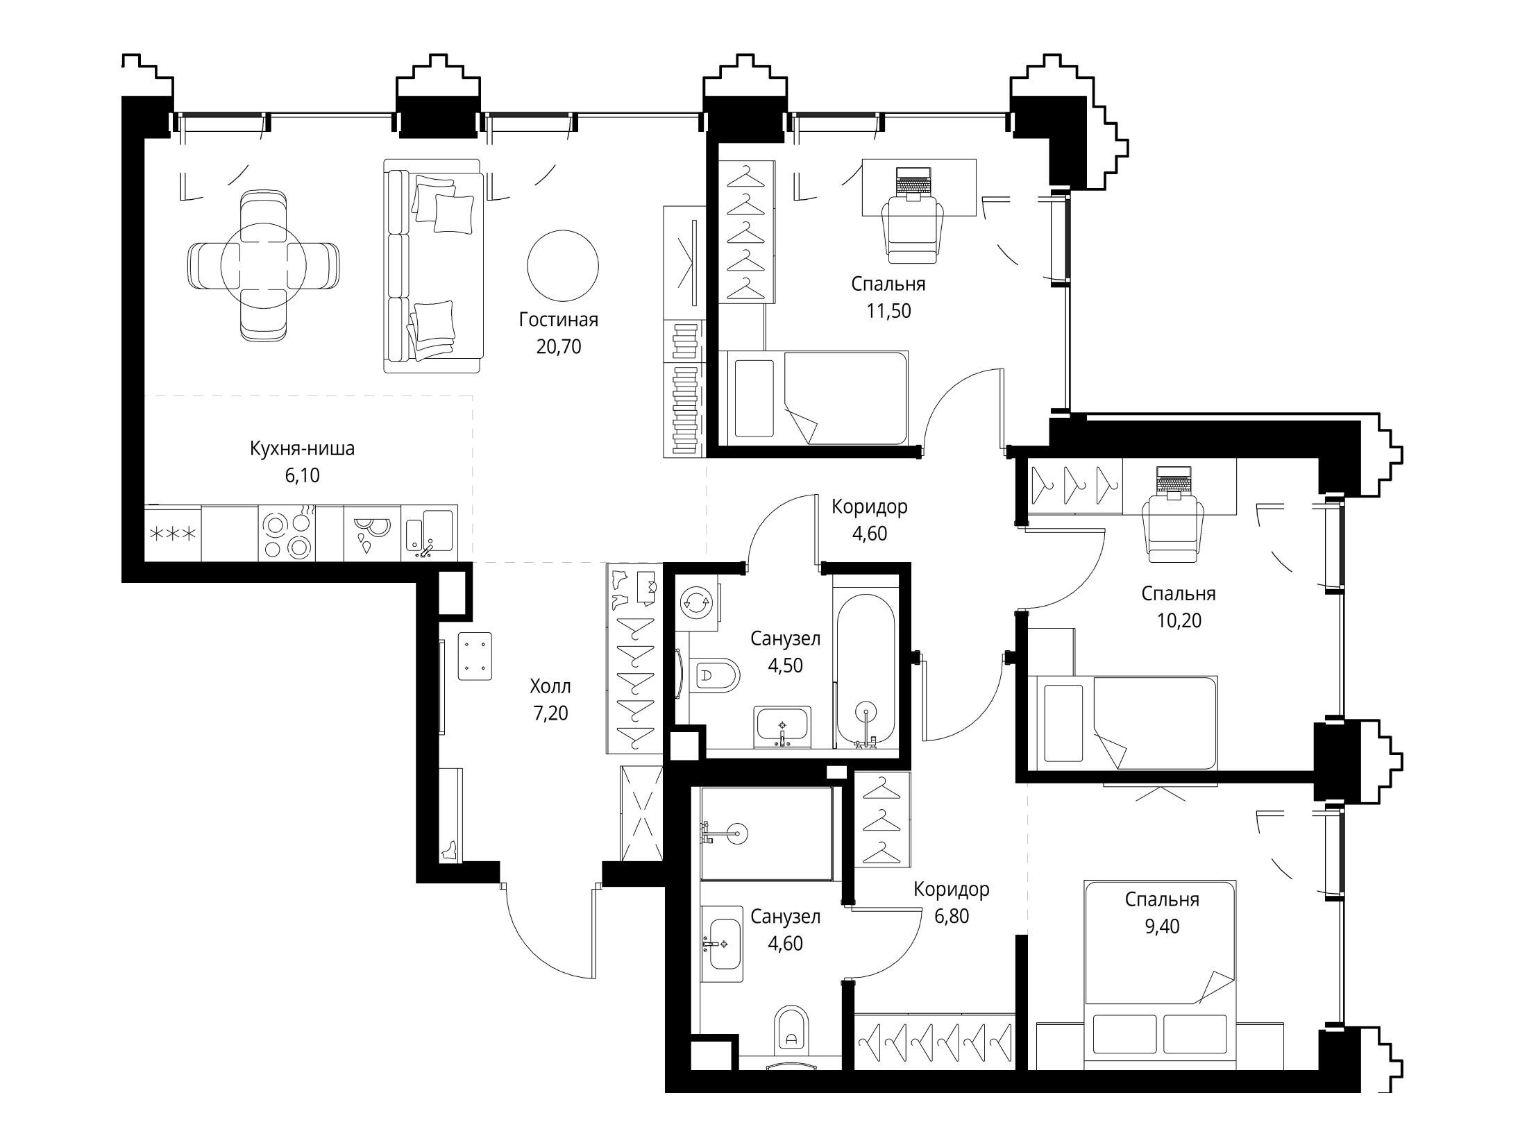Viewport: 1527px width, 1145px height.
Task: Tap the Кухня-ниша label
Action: click(302, 449)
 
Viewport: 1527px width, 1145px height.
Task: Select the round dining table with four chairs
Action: click(263, 265)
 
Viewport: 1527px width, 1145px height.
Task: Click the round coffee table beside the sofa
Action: click(562, 265)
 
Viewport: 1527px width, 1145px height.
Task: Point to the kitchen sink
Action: click(430, 534)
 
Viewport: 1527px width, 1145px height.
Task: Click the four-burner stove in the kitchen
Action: click(287, 534)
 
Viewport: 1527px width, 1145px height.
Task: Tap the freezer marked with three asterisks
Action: click(173, 534)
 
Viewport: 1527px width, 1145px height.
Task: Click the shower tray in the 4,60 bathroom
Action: click(766, 833)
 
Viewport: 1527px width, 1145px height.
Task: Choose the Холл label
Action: click(550, 687)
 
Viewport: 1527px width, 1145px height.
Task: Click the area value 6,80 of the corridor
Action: click(951, 916)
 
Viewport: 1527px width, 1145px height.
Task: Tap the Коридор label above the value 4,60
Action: click(870, 507)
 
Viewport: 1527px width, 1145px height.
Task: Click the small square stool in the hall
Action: click(475, 656)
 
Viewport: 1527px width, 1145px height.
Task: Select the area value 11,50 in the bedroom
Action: click(888, 311)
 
